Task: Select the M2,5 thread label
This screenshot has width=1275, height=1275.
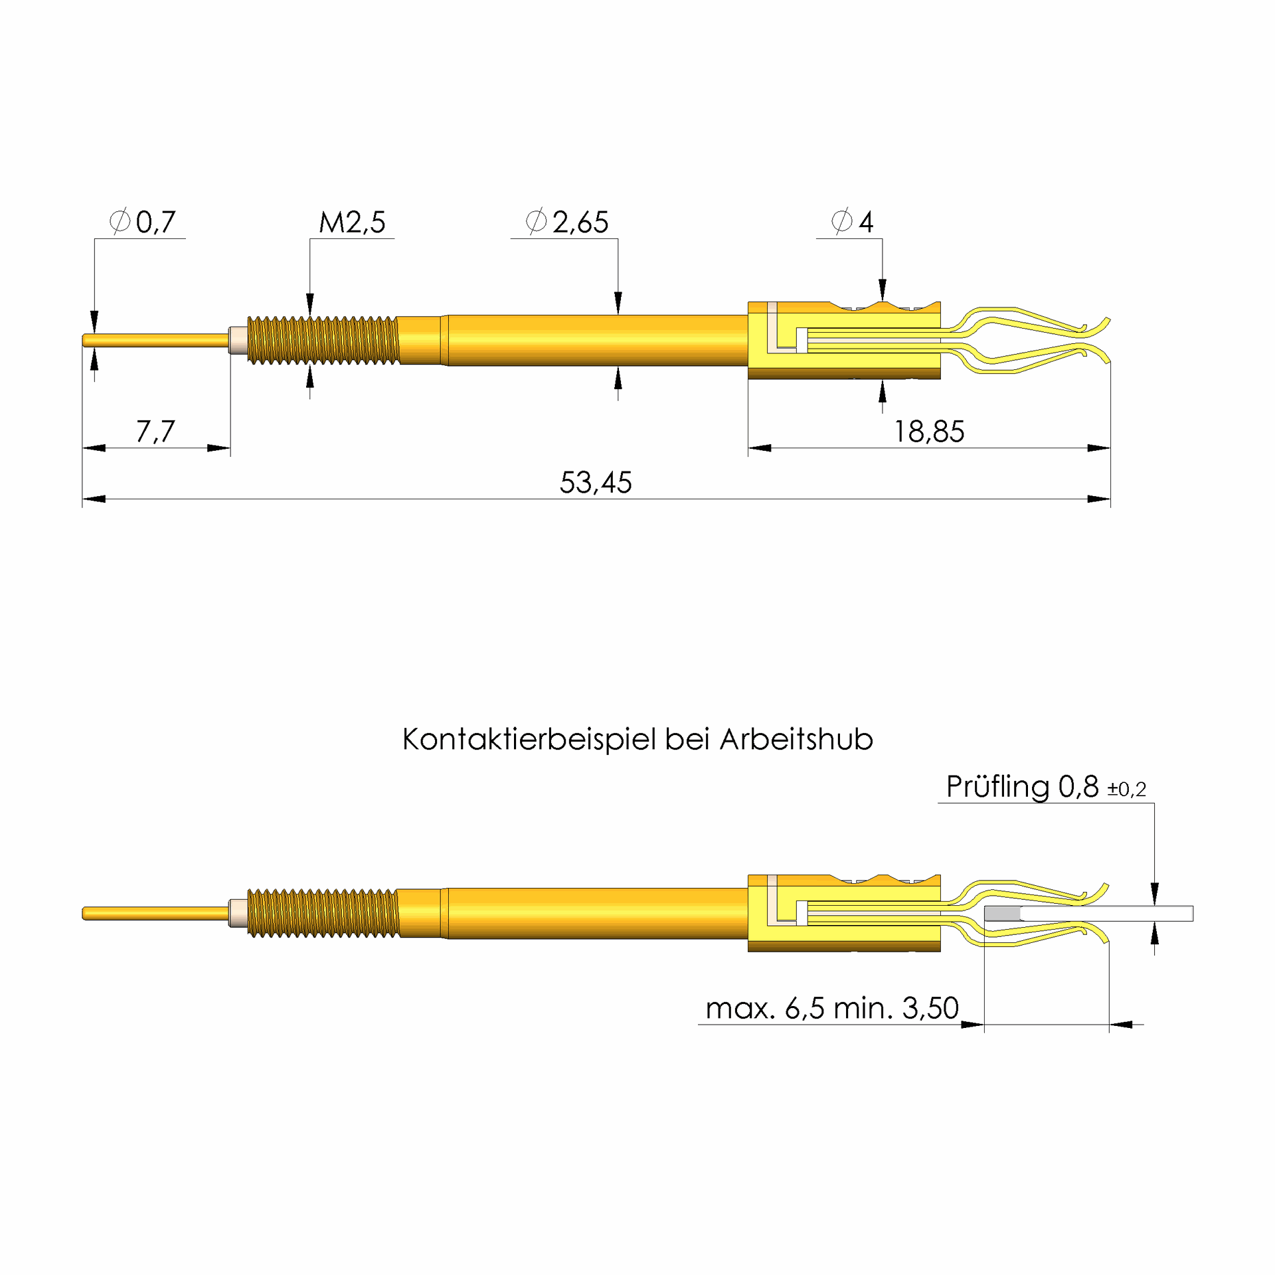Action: point(352,222)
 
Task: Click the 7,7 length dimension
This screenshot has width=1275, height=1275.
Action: point(155,432)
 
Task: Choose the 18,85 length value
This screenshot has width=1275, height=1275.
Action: point(928,432)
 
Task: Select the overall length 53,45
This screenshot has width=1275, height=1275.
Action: point(596,483)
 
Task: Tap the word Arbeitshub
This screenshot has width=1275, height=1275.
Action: point(796,740)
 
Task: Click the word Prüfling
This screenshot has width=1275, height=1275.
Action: point(998,787)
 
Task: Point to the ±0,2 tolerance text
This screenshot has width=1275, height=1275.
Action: point(1126,790)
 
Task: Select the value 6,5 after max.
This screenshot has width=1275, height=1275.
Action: point(804,1008)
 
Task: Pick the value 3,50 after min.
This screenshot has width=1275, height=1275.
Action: point(930,1008)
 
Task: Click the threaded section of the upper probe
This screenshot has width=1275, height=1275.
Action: point(323,341)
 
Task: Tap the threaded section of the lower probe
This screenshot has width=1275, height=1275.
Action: point(323,913)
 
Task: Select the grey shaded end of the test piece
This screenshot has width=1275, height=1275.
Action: point(1001,914)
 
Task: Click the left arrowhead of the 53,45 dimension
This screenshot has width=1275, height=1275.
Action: point(94,499)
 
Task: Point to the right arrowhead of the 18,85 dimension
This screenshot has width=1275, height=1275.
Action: point(1099,448)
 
